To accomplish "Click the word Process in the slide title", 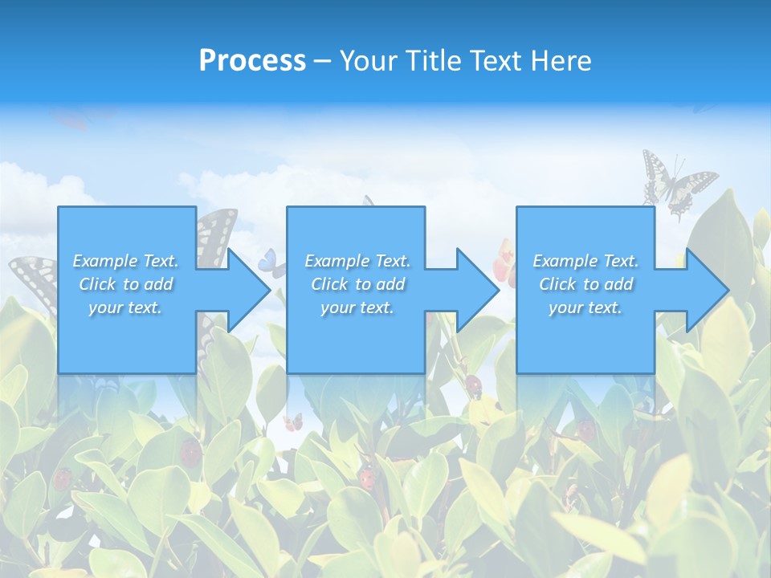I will [x=252, y=61].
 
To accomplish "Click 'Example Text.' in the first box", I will [x=125, y=261].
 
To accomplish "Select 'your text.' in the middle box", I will [x=357, y=307].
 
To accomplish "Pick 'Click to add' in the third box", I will [x=585, y=284].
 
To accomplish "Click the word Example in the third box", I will [x=565, y=261].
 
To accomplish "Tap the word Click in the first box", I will [x=98, y=284].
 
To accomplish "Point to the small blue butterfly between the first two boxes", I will [x=271, y=263].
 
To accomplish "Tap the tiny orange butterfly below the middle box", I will [x=293, y=421].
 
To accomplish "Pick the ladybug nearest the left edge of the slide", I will [x=63, y=479].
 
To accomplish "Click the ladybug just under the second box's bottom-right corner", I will [x=474, y=387].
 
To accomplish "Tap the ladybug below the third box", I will [x=586, y=430].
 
